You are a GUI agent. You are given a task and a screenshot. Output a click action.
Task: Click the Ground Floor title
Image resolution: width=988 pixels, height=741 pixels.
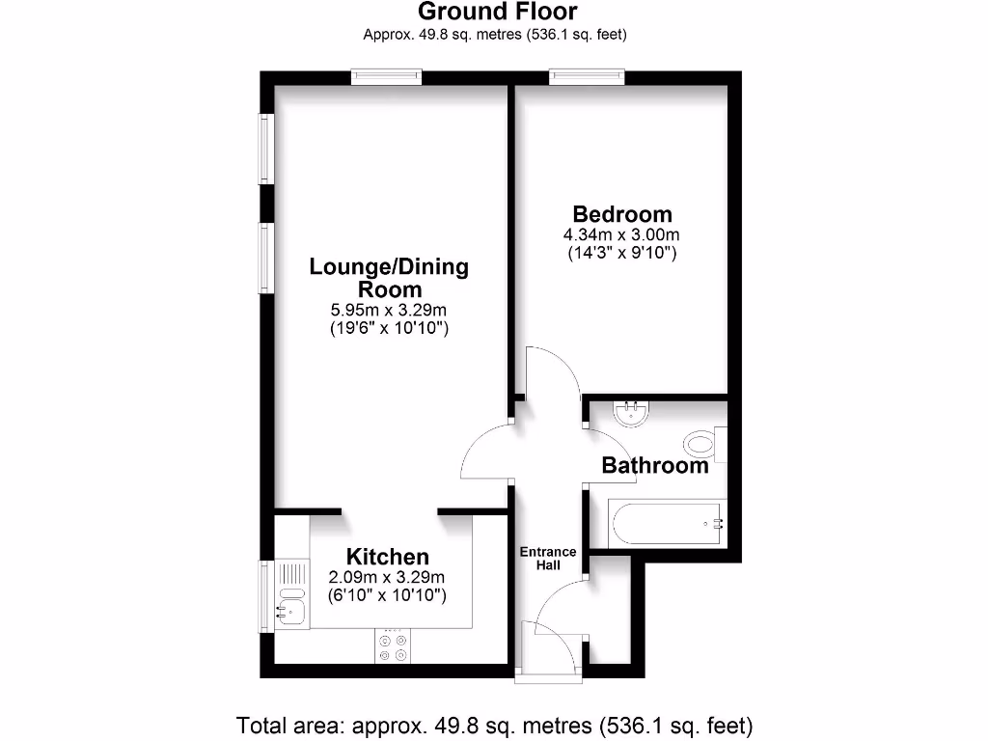click(497, 13)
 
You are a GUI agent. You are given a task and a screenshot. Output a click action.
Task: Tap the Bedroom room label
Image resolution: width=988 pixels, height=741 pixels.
click(622, 214)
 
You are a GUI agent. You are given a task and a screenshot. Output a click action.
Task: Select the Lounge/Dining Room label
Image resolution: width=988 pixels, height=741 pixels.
click(389, 277)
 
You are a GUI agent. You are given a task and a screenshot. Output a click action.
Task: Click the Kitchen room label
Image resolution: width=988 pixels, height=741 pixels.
click(387, 557)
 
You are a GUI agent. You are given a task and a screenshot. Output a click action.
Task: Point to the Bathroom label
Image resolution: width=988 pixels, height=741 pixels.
click(655, 465)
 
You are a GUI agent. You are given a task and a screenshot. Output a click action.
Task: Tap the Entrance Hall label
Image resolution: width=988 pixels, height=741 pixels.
click(548, 559)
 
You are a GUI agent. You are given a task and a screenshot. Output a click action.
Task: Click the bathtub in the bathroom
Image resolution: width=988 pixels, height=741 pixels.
click(667, 524)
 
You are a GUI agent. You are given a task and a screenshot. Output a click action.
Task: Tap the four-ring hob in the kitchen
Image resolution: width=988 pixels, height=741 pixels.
click(393, 646)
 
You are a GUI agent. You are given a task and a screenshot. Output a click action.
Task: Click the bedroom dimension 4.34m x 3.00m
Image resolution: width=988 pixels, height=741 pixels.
click(622, 234)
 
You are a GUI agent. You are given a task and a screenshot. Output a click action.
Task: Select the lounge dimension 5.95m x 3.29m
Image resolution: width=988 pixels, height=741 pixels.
click(389, 310)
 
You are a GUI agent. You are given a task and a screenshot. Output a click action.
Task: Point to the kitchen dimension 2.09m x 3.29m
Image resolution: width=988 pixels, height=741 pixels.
click(387, 577)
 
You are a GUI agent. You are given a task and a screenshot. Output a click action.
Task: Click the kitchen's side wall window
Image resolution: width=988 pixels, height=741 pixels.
click(266, 595)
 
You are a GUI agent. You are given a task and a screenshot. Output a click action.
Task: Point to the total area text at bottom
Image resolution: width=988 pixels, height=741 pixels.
click(494, 724)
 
